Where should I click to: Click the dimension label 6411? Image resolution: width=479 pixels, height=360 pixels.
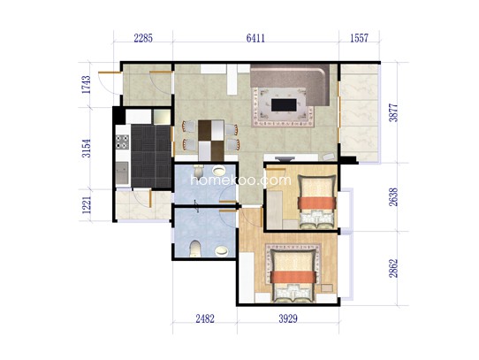(x=255, y=38)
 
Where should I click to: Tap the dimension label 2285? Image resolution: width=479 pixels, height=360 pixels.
(x=143, y=38)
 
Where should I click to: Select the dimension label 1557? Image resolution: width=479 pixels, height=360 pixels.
(x=359, y=38)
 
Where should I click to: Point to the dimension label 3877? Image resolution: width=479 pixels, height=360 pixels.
(x=393, y=113)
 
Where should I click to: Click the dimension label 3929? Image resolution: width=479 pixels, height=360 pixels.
(x=288, y=318)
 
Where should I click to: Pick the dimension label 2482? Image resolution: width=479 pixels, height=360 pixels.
(x=205, y=318)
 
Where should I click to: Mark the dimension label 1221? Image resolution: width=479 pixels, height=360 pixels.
(x=87, y=204)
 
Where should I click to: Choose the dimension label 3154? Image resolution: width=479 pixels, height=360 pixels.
(x=87, y=149)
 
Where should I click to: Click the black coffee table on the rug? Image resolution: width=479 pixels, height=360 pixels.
(x=284, y=105)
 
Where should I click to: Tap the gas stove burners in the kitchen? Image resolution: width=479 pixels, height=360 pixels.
(x=122, y=142)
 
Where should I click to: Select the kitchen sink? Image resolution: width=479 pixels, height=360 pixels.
(x=122, y=173)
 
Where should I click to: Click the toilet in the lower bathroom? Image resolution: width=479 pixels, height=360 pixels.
(x=195, y=249)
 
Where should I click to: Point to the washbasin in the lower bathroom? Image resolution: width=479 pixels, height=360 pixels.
(x=221, y=251)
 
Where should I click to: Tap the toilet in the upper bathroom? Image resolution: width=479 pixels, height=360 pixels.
(x=198, y=170)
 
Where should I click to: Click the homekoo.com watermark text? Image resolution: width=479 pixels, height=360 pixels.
(x=241, y=180)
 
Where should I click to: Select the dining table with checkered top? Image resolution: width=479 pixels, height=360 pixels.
(x=211, y=141)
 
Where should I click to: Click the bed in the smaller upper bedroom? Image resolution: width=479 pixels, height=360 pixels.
(x=316, y=202)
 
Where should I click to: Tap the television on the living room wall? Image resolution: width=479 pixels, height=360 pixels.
(x=285, y=158)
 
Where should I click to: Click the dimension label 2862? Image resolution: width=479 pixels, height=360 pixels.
(x=393, y=268)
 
